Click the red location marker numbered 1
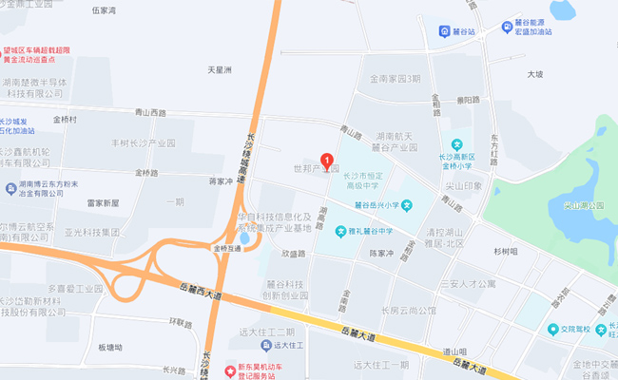coord(328,161)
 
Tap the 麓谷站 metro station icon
coord(445,31)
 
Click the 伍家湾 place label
coord(103,10)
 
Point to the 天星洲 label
coord(221,69)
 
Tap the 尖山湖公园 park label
coord(584,204)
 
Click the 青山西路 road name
coord(150,113)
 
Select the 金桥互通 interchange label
coord(229,248)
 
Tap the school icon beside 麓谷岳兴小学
coord(406,204)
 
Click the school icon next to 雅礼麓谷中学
coord(340,231)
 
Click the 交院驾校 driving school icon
coord(552,329)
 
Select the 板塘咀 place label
coord(110,348)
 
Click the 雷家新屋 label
coord(103,203)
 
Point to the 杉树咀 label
coord(506,252)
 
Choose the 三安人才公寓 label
coord(468,283)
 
